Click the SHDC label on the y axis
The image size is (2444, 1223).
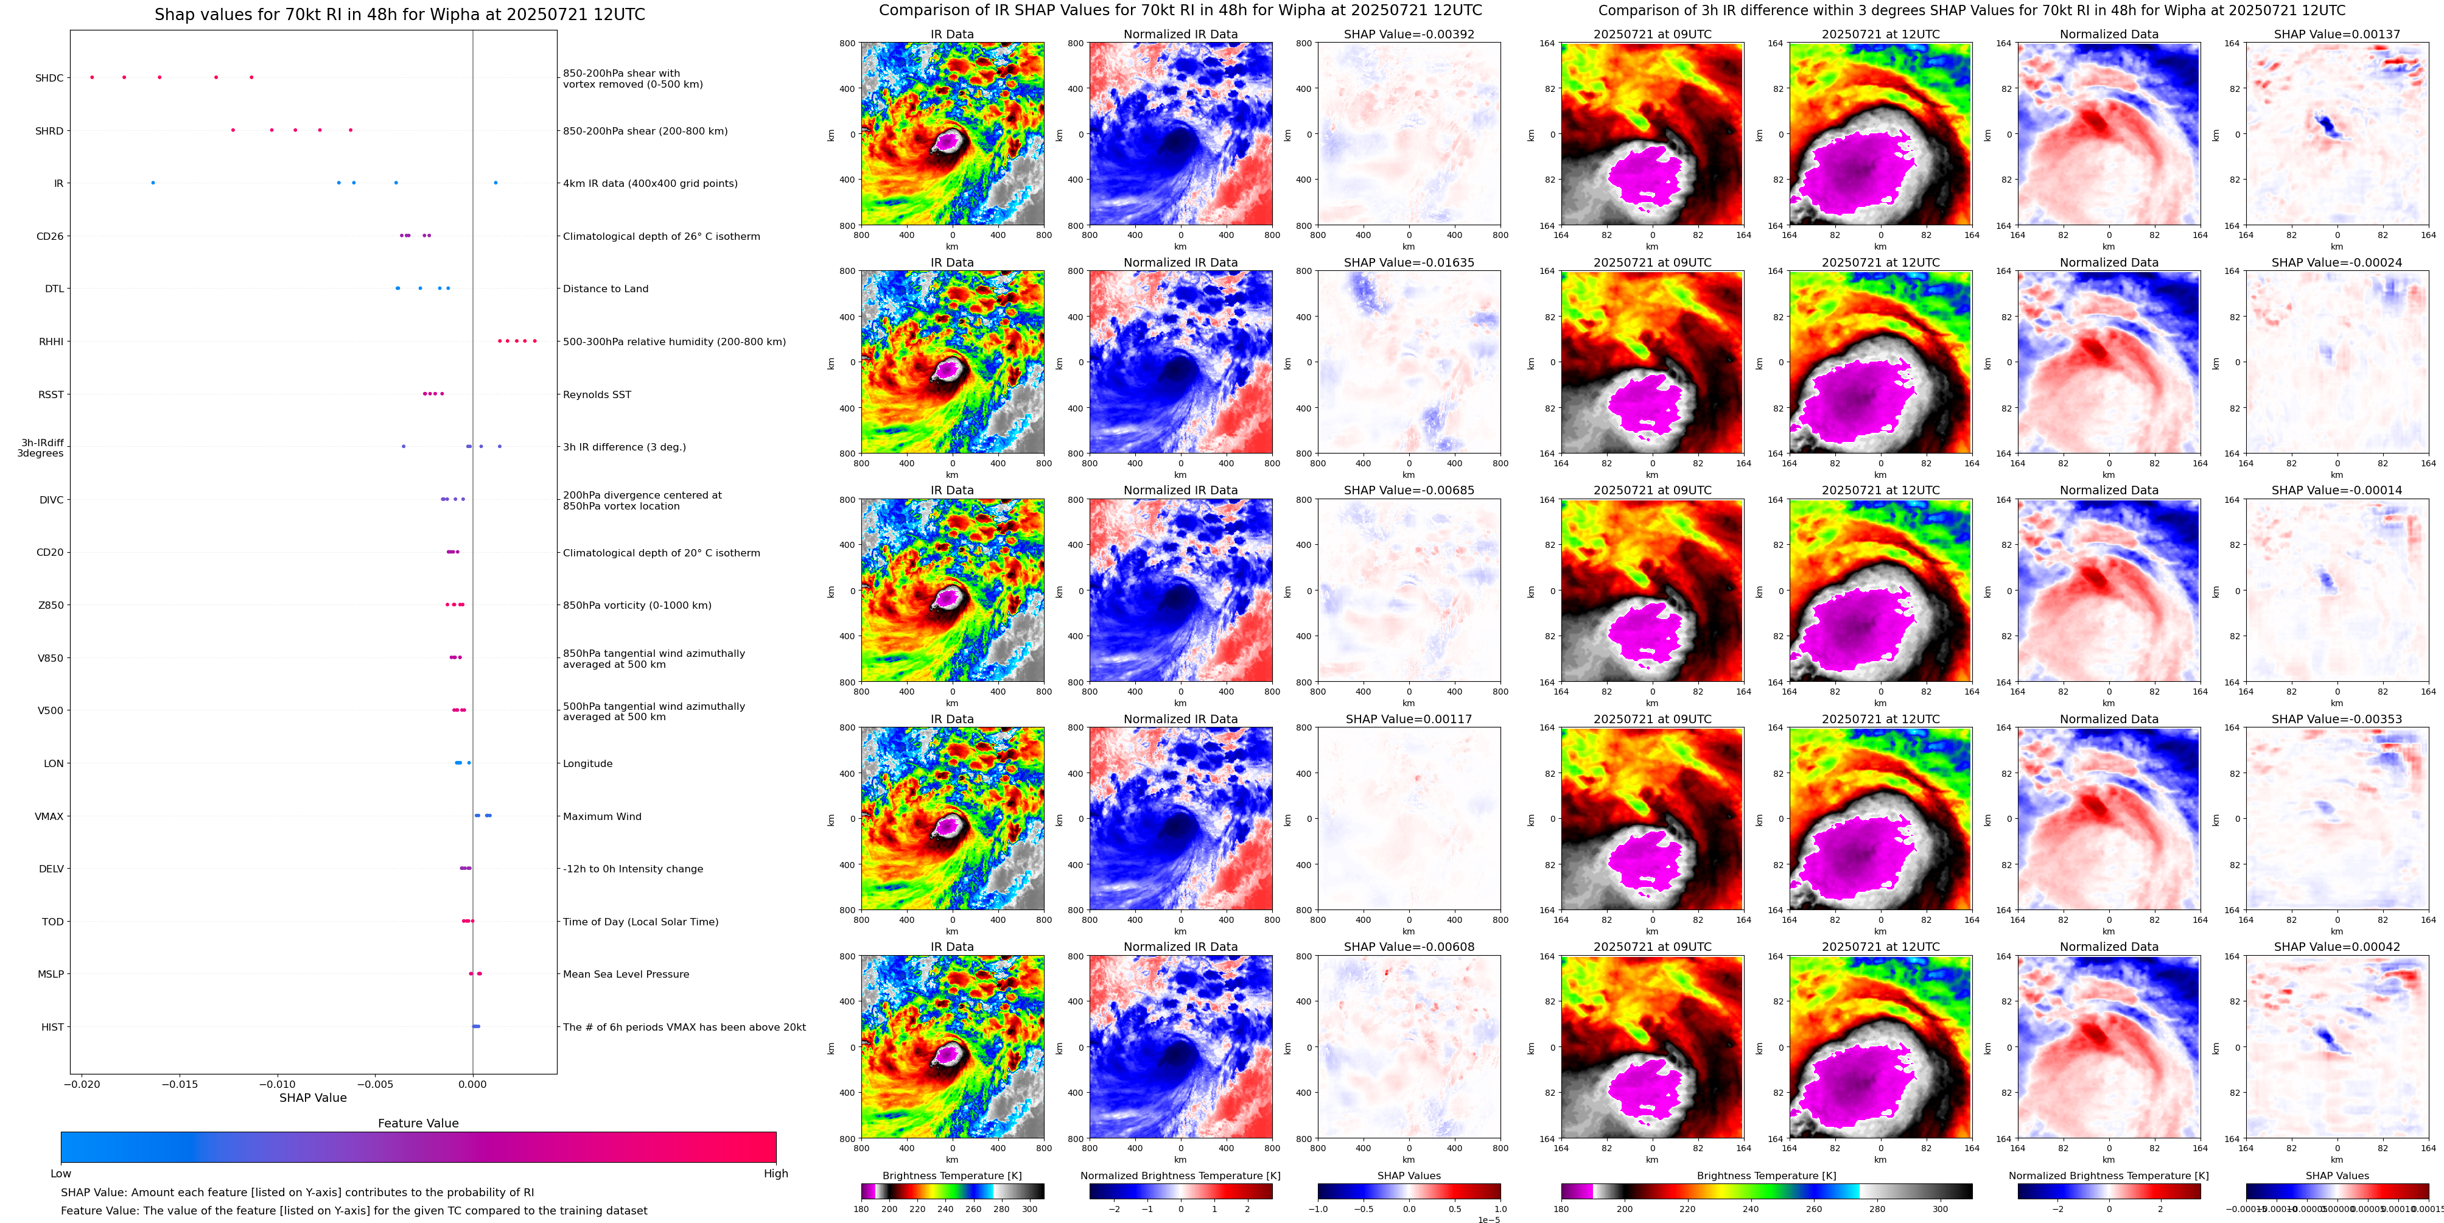coord(49,78)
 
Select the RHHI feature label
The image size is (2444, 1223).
coord(51,342)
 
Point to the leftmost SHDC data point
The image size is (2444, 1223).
coord(92,77)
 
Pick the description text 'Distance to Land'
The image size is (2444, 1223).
coord(605,289)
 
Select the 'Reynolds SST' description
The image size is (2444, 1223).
coord(597,394)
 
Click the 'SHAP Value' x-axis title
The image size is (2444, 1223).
coord(313,1098)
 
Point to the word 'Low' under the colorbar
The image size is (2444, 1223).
coord(61,1174)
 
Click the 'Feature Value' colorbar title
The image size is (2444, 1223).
coord(418,1123)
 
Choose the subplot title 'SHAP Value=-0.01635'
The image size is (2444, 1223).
coord(1409,263)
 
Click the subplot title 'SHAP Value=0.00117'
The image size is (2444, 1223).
coord(1409,719)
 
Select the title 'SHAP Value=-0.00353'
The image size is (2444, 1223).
coord(2337,719)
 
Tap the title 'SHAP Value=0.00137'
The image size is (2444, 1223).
coord(2337,34)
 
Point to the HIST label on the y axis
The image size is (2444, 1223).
coord(52,1026)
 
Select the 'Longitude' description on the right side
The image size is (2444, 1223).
coord(587,764)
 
